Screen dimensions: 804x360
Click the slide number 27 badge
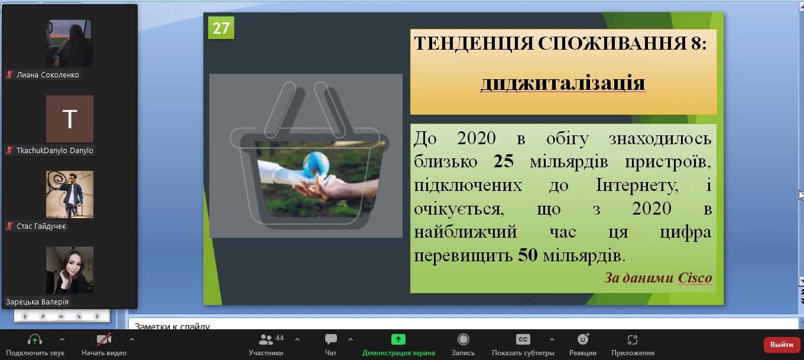tap(221, 28)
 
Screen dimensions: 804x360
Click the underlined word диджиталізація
tap(563, 83)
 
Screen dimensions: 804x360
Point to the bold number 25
tap(503, 161)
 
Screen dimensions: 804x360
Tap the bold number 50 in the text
tap(527, 255)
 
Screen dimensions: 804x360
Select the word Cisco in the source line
tap(695, 278)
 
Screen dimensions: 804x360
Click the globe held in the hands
tap(316, 164)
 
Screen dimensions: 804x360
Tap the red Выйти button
tap(782, 345)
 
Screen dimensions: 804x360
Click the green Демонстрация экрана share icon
tap(398, 339)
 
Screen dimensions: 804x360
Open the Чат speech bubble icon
tap(330, 339)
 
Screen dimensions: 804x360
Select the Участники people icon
tap(265, 339)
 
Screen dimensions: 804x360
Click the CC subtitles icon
tap(523, 339)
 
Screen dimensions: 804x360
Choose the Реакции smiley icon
tap(583, 339)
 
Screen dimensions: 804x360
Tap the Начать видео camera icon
tap(103, 339)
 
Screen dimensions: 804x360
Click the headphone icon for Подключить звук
tap(35, 339)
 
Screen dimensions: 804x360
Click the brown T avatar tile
tap(70, 119)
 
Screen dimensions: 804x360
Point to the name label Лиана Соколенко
tap(48, 75)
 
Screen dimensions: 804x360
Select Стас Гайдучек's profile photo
tap(70, 194)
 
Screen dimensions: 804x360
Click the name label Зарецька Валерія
tap(37, 302)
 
